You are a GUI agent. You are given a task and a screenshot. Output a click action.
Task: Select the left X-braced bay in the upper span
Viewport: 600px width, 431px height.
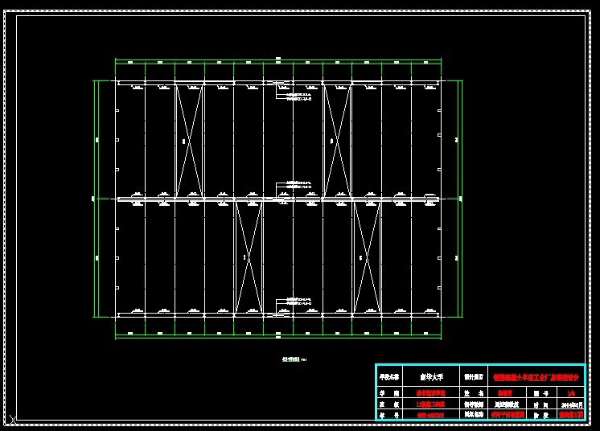point(189,140)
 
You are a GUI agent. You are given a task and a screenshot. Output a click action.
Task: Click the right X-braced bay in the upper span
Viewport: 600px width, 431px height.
point(336,140)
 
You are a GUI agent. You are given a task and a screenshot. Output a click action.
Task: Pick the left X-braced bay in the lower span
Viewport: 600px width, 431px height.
point(248,257)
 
